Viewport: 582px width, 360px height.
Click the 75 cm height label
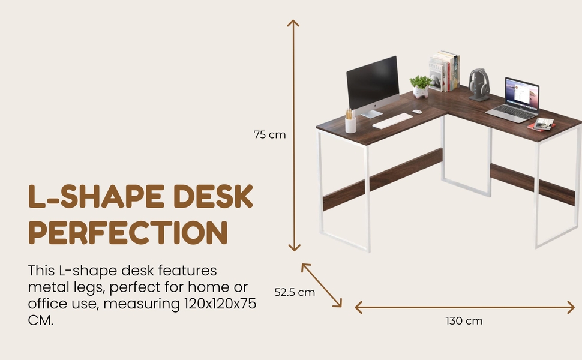click(x=269, y=134)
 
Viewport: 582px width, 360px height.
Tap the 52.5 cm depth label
click(x=295, y=292)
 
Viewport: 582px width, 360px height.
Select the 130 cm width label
click(x=464, y=320)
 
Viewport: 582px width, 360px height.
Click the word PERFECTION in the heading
click(x=128, y=233)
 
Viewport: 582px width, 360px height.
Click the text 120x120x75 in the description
click(x=220, y=304)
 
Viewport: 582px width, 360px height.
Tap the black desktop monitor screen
click(x=373, y=82)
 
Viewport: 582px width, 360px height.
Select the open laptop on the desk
click(x=514, y=100)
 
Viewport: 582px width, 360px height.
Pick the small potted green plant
click(x=421, y=87)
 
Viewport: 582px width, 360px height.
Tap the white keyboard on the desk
click(x=392, y=121)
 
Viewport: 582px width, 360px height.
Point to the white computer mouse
click(x=417, y=112)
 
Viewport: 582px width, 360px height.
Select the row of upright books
click(x=444, y=71)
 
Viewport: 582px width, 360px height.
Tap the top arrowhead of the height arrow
click(x=293, y=22)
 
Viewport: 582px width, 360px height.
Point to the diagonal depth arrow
click(x=322, y=286)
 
